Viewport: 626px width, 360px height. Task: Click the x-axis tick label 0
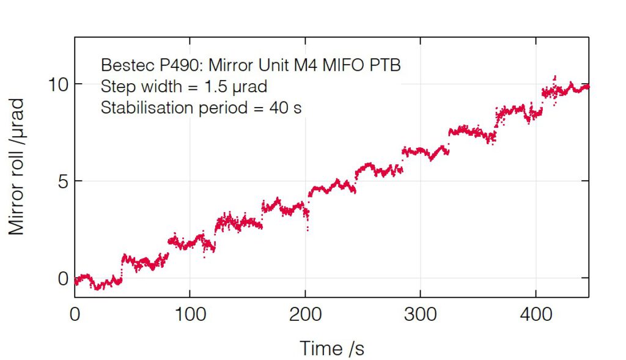(75, 316)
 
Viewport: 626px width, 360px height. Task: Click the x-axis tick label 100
(190, 316)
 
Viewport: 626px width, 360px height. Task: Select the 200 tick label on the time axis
(305, 316)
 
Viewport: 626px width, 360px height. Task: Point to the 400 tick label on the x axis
(536, 316)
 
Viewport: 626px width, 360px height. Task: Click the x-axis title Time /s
(332, 348)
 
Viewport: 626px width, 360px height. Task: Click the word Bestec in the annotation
(122, 65)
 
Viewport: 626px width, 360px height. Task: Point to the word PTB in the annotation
(386, 65)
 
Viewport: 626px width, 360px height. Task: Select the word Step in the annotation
(115, 86)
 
